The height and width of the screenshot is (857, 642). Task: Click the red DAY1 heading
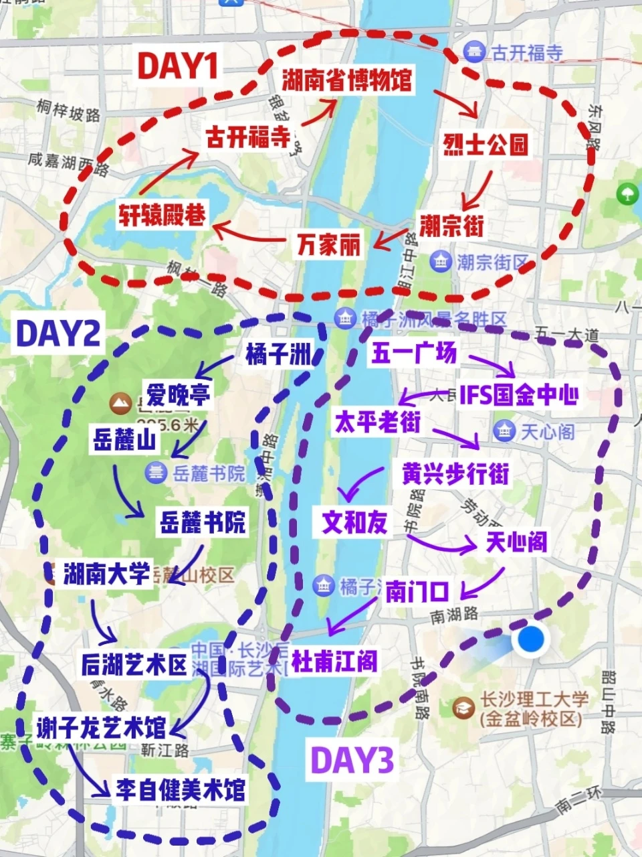(x=178, y=66)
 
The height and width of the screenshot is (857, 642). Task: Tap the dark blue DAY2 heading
(x=58, y=333)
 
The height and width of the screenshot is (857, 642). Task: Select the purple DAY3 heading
(x=352, y=760)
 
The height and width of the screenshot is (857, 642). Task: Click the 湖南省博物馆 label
(x=346, y=80)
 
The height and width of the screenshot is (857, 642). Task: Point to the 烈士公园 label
(x=486, y=144)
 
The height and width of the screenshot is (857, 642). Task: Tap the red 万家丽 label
(x=328, y=244)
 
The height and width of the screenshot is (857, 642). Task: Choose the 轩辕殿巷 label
(x=163, y=214)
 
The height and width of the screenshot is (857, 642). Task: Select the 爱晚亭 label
(x=179, y=394)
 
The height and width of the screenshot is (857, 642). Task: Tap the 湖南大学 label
(x=106, y=573)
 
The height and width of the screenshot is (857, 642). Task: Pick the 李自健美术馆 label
(x=181, y=790)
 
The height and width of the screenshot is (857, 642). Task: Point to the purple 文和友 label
(x=354, y=522)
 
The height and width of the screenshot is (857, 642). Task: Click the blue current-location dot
(x=531, y=639)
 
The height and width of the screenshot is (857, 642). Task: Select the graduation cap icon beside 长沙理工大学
(x=463, y=707)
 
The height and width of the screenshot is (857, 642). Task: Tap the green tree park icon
(x=627, y=194)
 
